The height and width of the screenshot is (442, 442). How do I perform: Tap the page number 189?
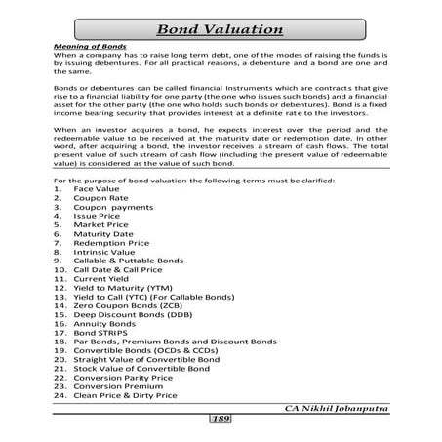221,419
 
